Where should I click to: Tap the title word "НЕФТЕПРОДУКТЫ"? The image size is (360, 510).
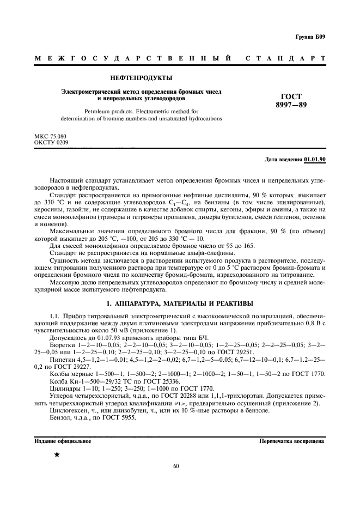[142, 78]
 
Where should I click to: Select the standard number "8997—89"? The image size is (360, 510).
[291, 105]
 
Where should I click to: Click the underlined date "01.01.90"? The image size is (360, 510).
[315, 159]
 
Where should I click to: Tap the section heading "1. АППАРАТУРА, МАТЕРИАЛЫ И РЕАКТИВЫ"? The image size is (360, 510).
[179, 303]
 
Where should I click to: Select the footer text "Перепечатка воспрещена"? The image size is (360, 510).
[292, 441]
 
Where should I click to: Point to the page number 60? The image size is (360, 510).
[176, 466]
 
